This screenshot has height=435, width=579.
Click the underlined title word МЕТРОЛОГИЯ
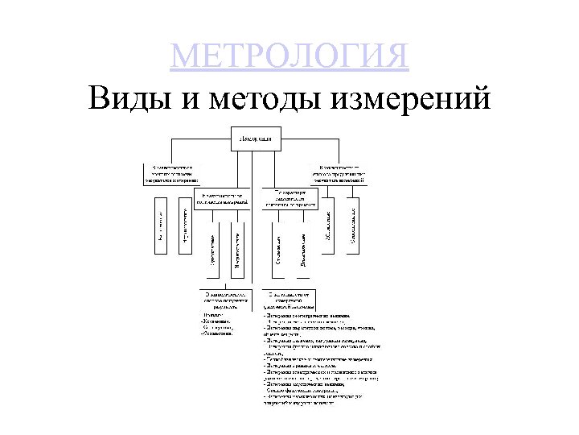[289, 57]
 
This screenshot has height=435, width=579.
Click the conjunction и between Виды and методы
[187, 101]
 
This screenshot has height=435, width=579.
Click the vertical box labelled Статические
[277, 246]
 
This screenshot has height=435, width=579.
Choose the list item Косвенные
[217, 320]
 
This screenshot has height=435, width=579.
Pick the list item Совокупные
[217, 326]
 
